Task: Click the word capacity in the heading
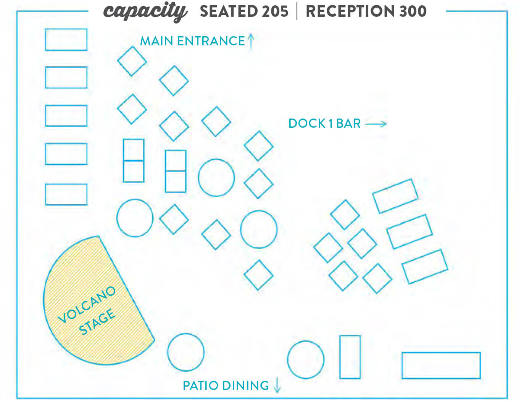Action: click(145, 12)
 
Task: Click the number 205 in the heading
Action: click(275, 11)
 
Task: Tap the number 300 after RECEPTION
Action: click(413, 11)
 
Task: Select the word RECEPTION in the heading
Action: click(350, 11)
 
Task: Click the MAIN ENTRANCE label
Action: click(192, 41)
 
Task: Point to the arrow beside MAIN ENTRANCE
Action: click(251, 41)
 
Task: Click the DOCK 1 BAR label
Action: click(325, 124)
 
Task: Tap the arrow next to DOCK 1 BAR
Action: click(376, 124)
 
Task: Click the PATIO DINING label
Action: click(226, 385)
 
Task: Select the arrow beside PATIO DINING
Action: click(277, 385)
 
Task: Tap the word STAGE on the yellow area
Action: click(97, 322)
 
